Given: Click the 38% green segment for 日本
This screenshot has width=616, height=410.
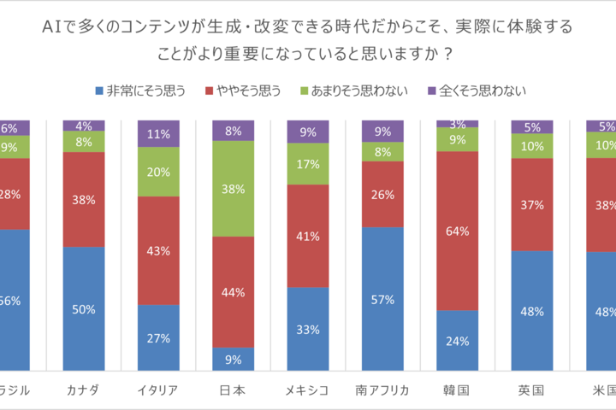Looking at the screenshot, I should (x=233, y=189).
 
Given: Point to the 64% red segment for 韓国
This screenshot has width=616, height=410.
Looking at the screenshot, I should (x=457, y=231).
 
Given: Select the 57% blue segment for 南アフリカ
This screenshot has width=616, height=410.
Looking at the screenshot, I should (x=382, y=299).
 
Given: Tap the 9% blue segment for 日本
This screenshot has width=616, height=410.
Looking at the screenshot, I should (x=233, y=360).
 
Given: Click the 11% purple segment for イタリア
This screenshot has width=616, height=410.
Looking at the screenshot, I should (x=158, y=134).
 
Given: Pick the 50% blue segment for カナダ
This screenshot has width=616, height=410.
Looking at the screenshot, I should (x=84, y=308).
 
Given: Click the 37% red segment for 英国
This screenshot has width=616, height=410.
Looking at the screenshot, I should (x=531, y=204).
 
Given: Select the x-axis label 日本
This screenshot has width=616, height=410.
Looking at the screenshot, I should (x=233, y=391).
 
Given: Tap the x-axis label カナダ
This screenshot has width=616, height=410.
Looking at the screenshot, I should (x=84, y=391).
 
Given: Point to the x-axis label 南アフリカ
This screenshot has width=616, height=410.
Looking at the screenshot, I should (x=382, y=391).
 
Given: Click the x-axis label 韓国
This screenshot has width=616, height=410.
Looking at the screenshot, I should (x=457, y=391).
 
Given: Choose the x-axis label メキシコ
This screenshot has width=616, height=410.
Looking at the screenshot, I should (x=307, y=391).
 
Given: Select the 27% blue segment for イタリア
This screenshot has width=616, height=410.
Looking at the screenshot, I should (x=158, y=337).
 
